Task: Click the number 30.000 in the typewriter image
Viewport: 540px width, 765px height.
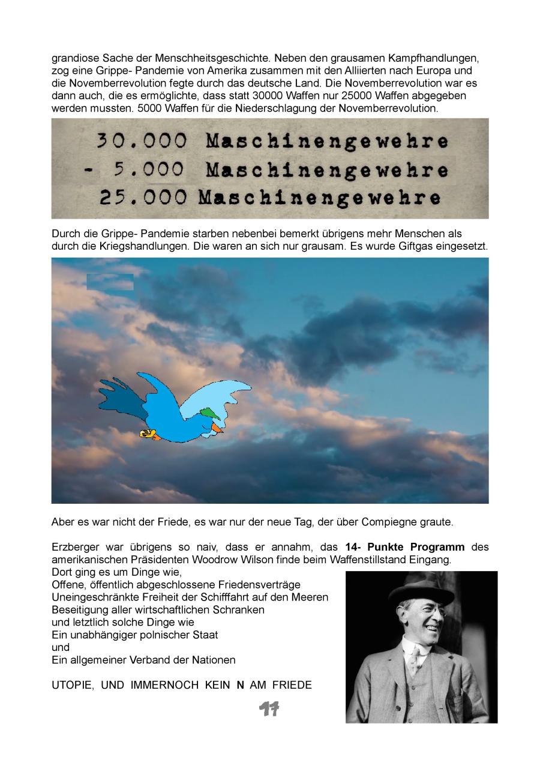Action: pos(142,142)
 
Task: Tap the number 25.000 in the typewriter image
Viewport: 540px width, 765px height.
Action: pos(143,198)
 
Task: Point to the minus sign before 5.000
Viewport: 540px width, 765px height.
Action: pos(89,170)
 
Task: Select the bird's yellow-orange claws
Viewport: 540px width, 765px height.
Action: pos(147,434)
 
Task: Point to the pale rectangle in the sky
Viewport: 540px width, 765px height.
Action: pos(110,282)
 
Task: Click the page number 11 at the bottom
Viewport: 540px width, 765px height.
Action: pos(269,709)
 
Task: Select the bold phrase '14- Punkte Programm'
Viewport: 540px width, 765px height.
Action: pos(405,548)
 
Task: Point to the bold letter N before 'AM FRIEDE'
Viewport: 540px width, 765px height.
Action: pos(240,685)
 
